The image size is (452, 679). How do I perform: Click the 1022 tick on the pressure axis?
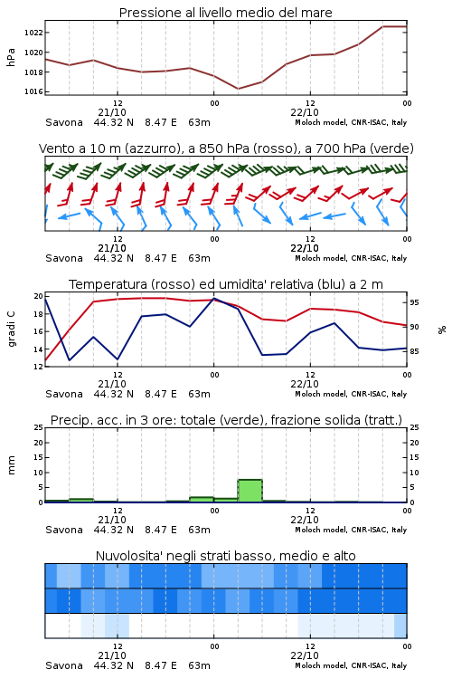point(33,33)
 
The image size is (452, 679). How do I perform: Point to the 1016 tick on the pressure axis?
point(33,91)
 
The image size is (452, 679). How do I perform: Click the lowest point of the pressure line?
point(238,89)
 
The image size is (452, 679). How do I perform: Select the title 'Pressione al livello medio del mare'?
point(226,13)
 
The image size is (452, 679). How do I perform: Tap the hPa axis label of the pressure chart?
point(11,57)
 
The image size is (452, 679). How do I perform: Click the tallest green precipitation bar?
point(250,491)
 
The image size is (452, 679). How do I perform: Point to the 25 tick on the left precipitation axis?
point(39,427)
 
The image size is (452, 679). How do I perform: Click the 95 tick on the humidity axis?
point(414,302)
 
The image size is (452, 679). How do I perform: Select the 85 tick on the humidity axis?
point(414,351)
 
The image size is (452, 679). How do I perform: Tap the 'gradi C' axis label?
point(11,330)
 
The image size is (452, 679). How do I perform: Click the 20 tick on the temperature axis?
point(39,296)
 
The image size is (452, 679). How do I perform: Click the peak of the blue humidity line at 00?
point(213,299)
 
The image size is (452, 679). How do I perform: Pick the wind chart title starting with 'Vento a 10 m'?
point(226,148)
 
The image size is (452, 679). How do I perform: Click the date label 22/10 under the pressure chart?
point(305,112)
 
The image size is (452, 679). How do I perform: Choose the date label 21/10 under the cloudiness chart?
point(112,655)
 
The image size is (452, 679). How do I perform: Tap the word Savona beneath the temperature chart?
point(64,394)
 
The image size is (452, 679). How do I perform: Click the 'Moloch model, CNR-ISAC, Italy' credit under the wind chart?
point(351,258)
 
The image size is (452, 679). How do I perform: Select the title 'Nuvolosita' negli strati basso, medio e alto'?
point(226,556)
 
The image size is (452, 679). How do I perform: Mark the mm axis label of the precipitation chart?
point(11,465)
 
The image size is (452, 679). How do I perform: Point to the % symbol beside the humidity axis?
point(442,330)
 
